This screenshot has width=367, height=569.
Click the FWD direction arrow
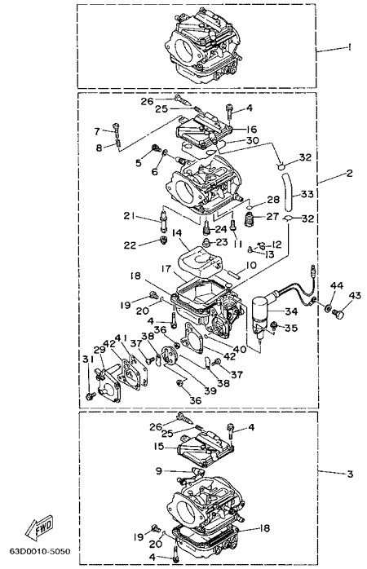39,527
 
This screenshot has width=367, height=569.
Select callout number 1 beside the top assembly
349,46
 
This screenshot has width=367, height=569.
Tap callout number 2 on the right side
349,174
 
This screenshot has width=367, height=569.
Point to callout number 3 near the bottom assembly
350,474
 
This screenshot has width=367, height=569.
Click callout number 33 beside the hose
307,194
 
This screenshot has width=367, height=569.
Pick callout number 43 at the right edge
354,296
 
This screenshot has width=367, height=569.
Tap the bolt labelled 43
338,314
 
